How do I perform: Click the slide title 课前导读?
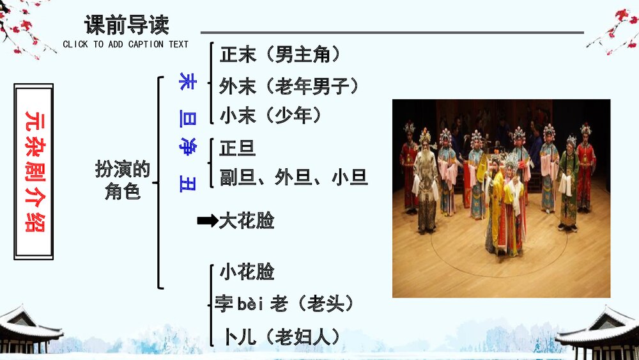pos(127,26)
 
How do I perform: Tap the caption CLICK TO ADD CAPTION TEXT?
pos(126,44)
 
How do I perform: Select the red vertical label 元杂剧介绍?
pos(34,172)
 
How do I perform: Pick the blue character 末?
pos(187,82)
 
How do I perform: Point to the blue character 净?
pos(187,145)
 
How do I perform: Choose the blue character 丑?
pos(187,183)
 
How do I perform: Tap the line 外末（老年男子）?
pos(289,86)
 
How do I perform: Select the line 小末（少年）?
pos(271,115)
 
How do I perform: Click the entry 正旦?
pos(237,149)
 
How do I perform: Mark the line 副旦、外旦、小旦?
pos(293,177)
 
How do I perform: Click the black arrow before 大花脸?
pos(207,221)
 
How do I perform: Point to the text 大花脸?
pos(247,221)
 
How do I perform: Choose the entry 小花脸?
pos(247,272)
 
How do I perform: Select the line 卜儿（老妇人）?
pos(281,337)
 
